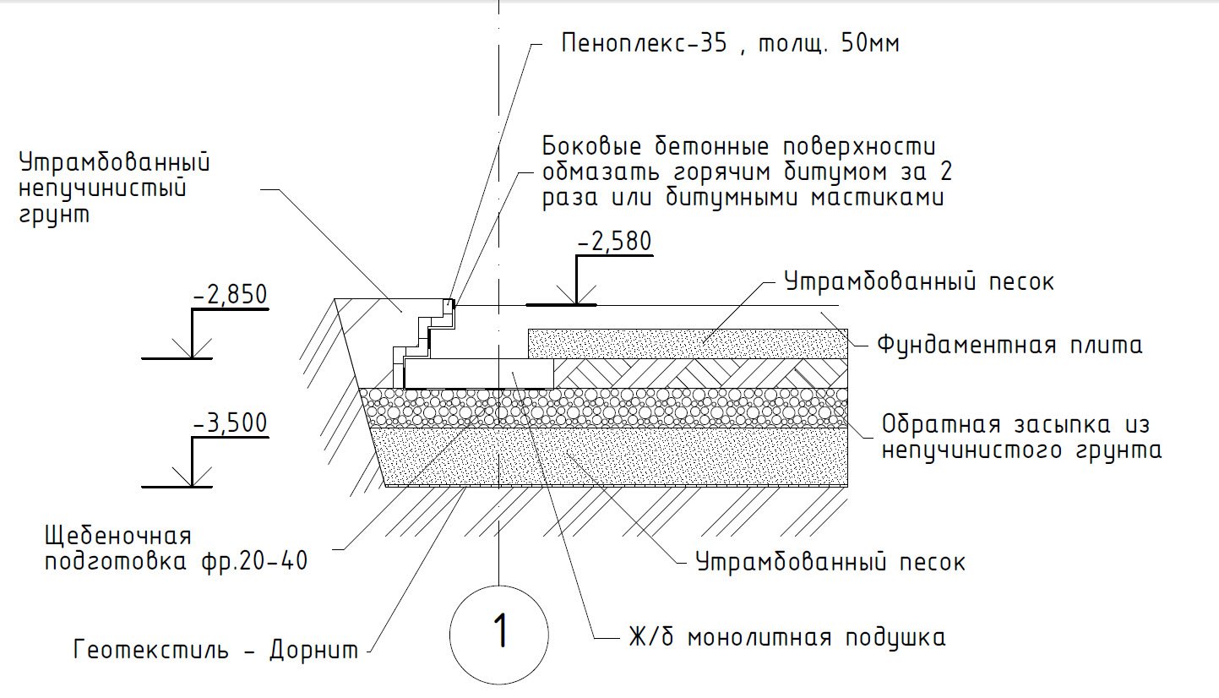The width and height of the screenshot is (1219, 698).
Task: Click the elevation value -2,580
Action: coord(614,242)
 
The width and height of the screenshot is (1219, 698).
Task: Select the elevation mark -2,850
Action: coord(230,295)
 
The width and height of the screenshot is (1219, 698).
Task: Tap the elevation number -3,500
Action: coord(230,423)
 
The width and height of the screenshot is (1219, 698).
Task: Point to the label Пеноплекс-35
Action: coord(644,44)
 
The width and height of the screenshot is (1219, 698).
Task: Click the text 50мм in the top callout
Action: coord(870,44)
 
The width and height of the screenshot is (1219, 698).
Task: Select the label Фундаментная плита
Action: coord(1010,345)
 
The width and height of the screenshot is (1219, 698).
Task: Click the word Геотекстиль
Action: coord(150,650)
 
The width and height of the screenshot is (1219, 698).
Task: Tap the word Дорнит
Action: coord(313,650)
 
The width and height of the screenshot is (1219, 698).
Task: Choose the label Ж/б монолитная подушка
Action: coord(787,637)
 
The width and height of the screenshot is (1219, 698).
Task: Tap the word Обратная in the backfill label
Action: coord(941,425)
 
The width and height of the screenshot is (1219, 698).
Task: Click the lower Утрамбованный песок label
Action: coord(830,562)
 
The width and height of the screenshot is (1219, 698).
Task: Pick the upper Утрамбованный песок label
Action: coord(919,281)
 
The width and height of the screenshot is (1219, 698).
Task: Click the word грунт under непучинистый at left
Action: coord(54,215)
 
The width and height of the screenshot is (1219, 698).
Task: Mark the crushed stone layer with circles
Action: coord(604,407)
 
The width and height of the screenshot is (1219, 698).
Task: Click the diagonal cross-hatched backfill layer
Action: coord(700,373)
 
